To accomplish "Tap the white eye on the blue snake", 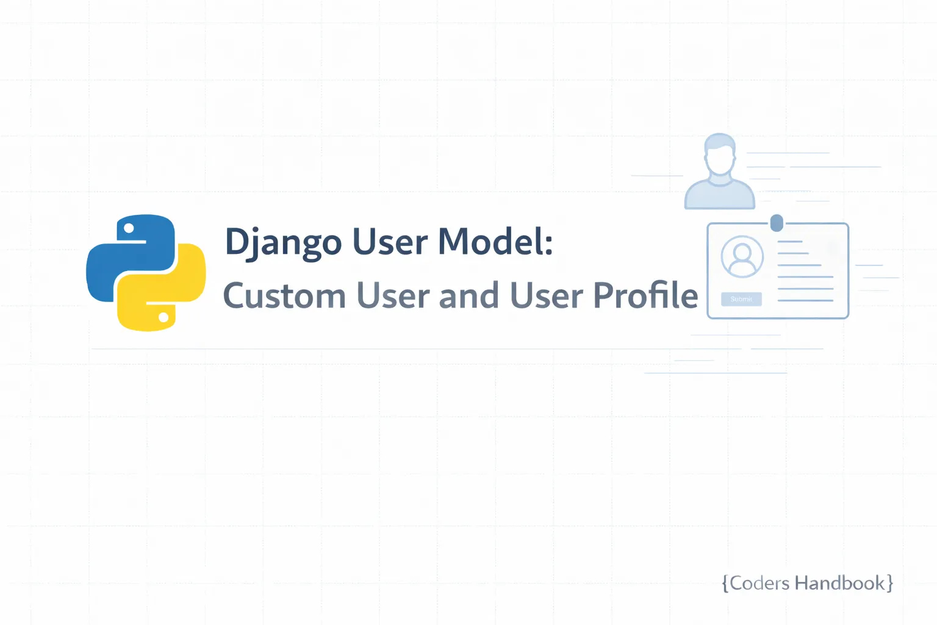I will [129, 229].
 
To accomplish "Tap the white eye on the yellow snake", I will [163, 317].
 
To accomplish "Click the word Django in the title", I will [283, 242].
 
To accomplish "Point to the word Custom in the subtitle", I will [284, 296].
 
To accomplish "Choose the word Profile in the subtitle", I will [645, 295].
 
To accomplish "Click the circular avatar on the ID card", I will [742, 256].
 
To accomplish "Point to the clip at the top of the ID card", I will [777, 223].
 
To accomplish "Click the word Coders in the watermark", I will [759, 583].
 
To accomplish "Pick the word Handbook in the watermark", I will [839, 583].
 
